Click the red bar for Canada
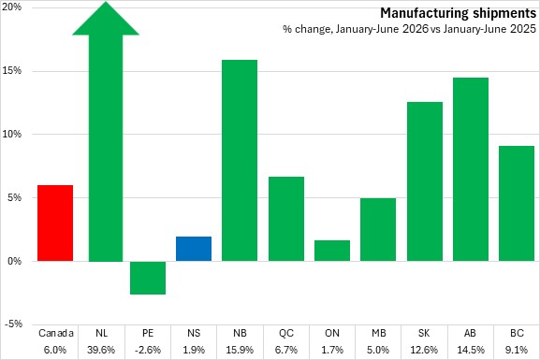(x=55, y=223)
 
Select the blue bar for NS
(x=194, y=249)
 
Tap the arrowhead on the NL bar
(x=106, y=19)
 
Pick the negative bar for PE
(x=148, y=278)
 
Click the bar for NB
(x=240, y=161)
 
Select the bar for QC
(x=286, y=219)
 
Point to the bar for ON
(x=332, y=251)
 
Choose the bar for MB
(x=378, y=230)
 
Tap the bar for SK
(x=425, y=181)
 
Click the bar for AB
(x=471, y=169)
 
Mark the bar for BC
(x=517, y=204)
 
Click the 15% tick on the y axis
(x=12, y=70)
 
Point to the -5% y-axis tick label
(x=13, y=324)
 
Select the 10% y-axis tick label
(x=12, y=134)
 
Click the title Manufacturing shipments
(x=458, y=13)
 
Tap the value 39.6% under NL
(x=101, y=350)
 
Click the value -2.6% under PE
(x=148, y=350)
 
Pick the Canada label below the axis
(x=56, y=333)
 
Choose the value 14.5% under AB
(x=471, y=350)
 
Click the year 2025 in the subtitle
(x=523, y=29)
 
